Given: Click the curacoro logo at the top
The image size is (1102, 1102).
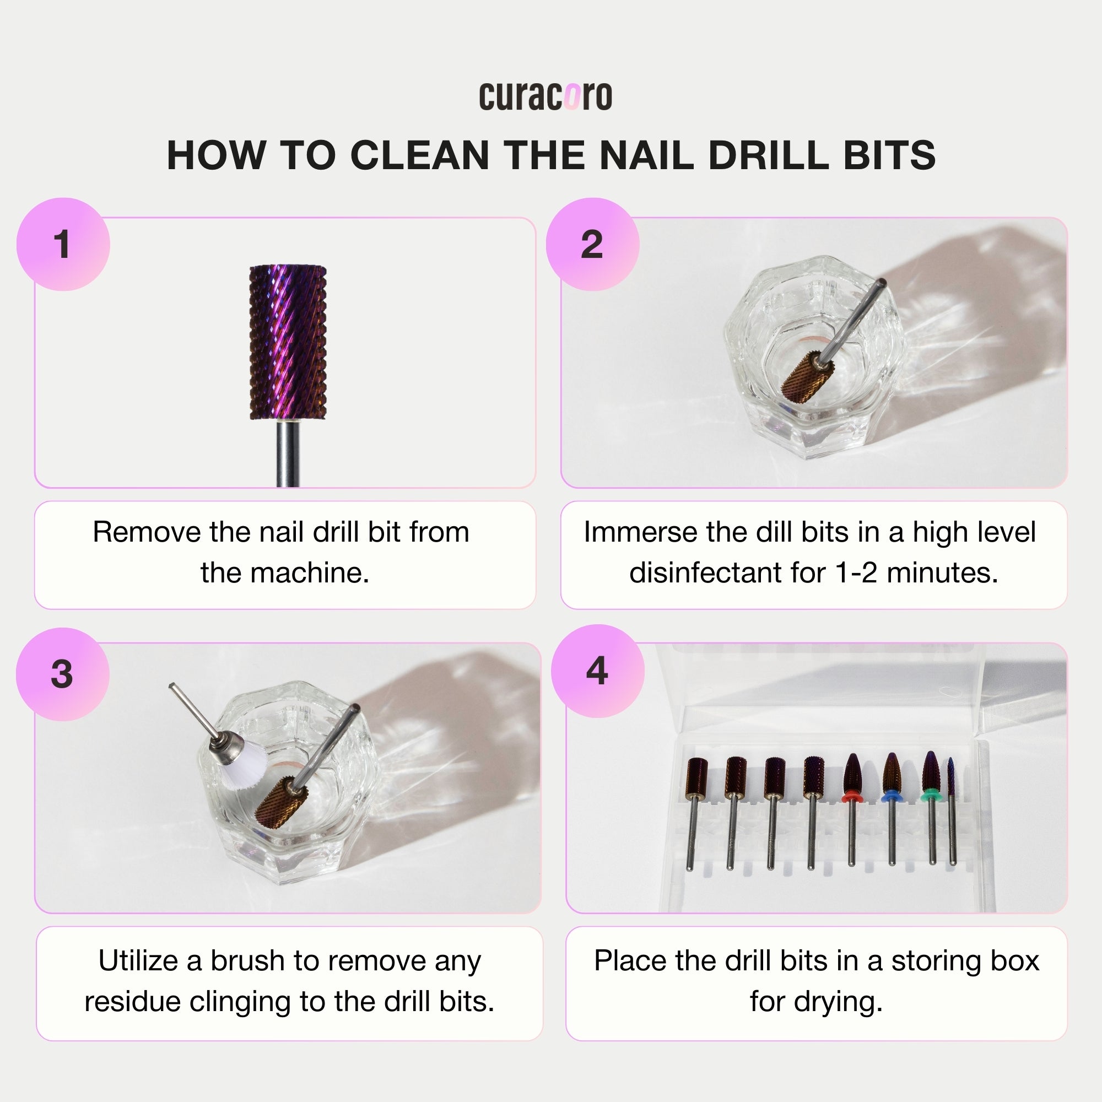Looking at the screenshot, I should click(545, 96).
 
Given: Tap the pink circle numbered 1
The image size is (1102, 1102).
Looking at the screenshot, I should click(63, 244).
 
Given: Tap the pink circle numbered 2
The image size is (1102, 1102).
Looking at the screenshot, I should click(592, 244).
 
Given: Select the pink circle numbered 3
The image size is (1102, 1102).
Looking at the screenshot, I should click(62, 674).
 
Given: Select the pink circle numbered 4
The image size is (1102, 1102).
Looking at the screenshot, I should click(597, 671).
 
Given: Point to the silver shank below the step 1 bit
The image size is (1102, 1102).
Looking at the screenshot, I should click(288, 453).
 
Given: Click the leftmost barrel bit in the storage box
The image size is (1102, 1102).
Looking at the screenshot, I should click(697, 776).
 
